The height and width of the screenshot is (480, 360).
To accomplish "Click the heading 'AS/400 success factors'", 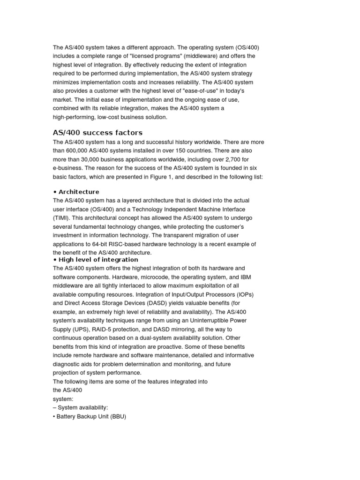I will point(97,133).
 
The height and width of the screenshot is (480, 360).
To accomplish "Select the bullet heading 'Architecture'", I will point(79,192).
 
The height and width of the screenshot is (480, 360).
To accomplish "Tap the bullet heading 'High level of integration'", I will point(98,259).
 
